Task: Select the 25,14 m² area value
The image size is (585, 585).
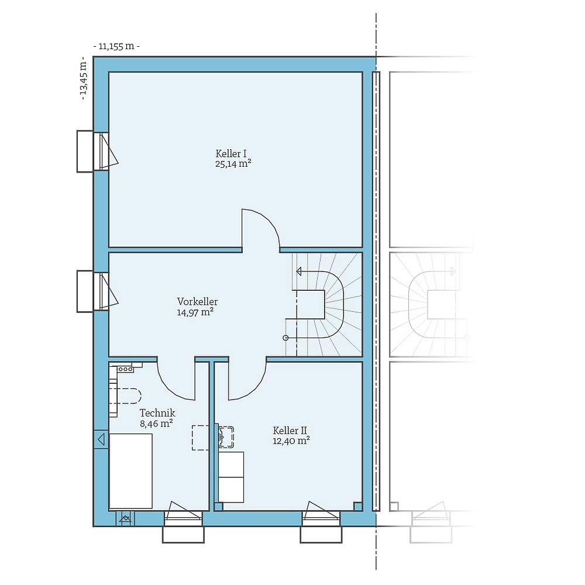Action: click(x=233, y=164)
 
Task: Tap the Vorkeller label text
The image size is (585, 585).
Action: click(x=198, y=302)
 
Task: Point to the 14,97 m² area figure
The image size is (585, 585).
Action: click(x=195, y=312)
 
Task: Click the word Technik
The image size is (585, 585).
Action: click(x=157, y=414)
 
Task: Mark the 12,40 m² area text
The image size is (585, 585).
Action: click(x=291, y=441)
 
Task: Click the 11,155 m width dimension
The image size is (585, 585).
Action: click(x=116, y=46)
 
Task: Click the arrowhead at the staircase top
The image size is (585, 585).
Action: click(x=299, y=271)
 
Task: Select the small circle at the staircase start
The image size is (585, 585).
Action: click(x=285, y=338)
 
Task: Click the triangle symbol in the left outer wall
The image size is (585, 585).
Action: click(x=101, y=439)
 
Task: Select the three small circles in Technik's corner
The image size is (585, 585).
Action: click(x=125, y=369)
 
